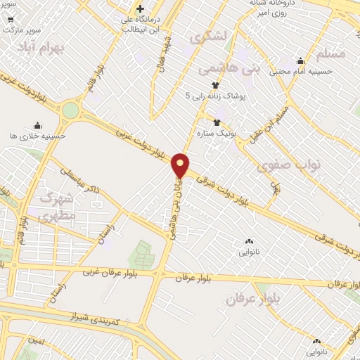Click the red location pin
(x=181, y=165)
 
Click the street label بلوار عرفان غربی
(x=110, y=271)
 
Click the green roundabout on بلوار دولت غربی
(x=70, y=111)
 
